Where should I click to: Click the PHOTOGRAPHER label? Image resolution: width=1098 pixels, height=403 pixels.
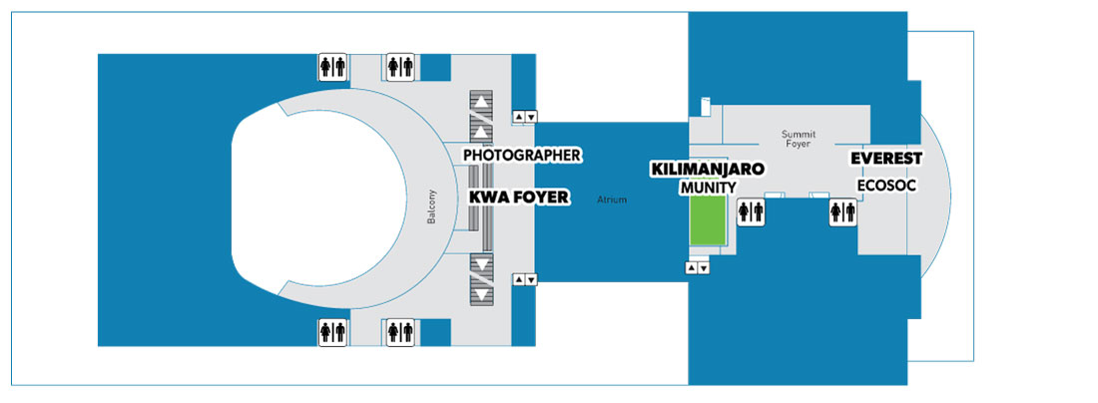pos(522,155)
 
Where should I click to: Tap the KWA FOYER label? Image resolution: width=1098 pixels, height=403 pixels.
pos(517,198)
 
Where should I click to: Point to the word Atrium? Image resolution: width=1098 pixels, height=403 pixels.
pos(612,201)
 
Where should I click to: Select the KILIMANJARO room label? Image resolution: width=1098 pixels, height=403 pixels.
pos(708,169)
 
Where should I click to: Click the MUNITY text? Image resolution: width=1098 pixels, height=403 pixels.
pos(708,188)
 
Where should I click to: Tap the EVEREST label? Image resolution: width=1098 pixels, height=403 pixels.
pos(885,159)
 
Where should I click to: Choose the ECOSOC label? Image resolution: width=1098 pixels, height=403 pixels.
pos(887,186)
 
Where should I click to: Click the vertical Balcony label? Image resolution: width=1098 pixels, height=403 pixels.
pos(431,207)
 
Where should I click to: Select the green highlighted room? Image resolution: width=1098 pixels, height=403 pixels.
pos(708,220)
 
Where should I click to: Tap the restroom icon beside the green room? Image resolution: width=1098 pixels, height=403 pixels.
pos(751,212)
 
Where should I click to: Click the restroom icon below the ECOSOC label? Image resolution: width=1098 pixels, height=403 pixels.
pos(843,212)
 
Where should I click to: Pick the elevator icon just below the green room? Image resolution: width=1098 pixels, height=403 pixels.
pos(698,268)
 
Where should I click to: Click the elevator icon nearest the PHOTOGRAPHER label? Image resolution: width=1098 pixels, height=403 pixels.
pos(525,117)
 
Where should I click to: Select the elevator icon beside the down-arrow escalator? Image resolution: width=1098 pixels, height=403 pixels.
pos(525,280)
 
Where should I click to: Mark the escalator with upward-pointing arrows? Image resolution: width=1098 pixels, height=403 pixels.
pos(480,117)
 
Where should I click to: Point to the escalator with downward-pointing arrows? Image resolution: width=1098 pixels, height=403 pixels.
pos(480,278)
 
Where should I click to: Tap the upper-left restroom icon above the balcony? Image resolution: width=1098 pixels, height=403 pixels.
pos(332,67)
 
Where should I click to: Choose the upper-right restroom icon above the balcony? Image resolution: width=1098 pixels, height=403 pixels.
pos(400,67)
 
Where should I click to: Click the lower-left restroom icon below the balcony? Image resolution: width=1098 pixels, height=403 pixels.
pos(332,332)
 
